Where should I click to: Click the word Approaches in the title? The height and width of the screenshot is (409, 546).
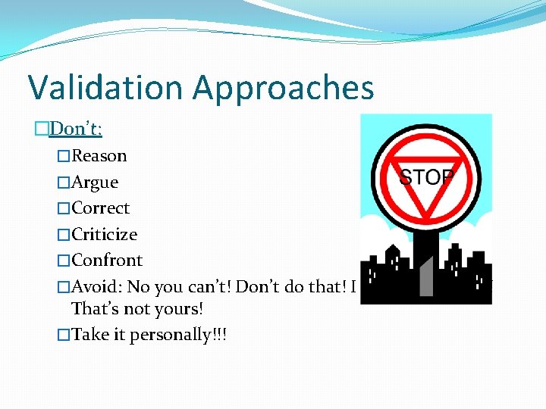click(284, 89)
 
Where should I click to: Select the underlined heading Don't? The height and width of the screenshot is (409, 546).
click(75, 130)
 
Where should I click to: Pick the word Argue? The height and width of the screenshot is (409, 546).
click(95, 183)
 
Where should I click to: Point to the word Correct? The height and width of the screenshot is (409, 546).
click(100, 208)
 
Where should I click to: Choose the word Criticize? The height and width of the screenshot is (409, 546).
click(104, 234)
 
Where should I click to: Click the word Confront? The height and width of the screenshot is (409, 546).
click(107, 260)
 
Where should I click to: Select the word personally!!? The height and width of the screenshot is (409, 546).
click(179, 335)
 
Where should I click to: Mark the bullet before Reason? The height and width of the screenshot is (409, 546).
click(64, 157)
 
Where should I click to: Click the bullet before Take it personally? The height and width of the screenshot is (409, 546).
click(64, 335)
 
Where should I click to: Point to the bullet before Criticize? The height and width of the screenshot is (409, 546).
click(64, 235)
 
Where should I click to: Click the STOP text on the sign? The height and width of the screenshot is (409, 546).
click(426, 178)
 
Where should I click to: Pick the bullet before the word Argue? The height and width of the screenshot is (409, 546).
click(64, 183)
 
